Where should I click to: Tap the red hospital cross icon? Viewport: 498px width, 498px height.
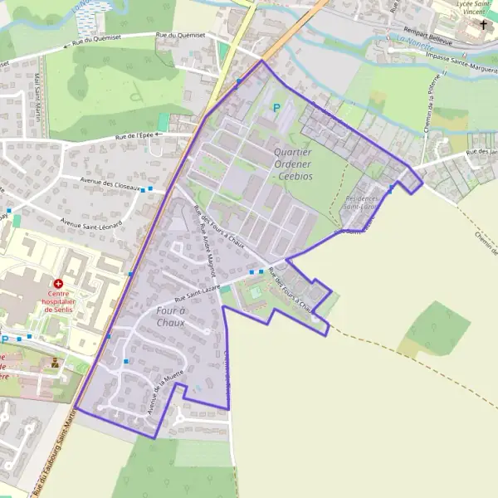(x=58, y=284)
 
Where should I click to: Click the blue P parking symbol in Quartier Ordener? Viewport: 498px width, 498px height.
(x=276, y=107)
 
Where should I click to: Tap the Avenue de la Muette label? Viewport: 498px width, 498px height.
(x=164, y=392)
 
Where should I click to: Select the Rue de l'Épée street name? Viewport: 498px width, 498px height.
(x=133, y=136)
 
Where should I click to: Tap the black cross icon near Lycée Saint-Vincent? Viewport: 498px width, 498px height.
(x=483, y=25)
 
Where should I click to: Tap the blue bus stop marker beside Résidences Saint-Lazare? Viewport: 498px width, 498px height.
(x=390, y=190)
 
